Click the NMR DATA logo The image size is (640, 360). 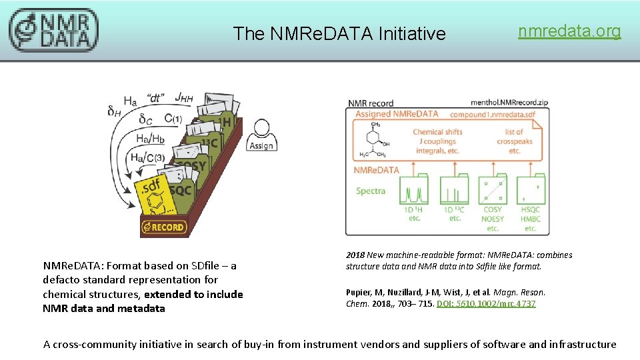[53, 30]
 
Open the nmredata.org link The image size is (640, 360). [569, 31]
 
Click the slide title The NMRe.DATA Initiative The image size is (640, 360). [339, 33]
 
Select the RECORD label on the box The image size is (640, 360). [165, 227]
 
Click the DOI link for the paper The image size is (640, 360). [486, 304]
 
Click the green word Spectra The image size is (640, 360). [370, 191]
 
